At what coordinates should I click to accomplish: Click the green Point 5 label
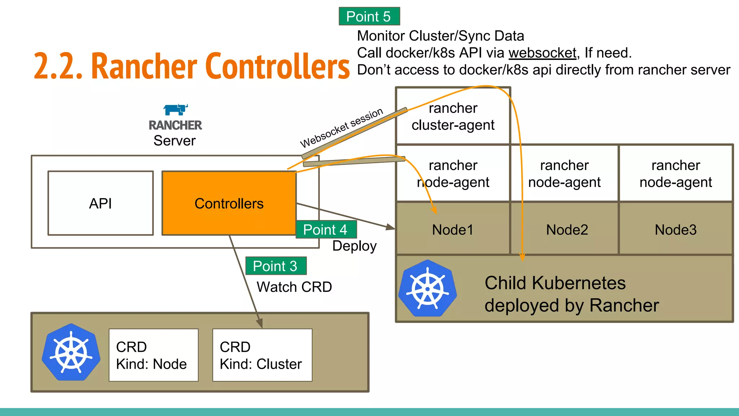(369, 16)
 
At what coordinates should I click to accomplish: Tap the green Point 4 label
(326, 230)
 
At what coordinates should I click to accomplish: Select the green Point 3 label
(276, 266)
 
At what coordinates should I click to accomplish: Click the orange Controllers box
(229, 203)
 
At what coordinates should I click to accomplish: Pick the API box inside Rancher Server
(100, 203)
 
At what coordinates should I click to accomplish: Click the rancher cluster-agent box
(453, 116)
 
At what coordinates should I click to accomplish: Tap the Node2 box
(567, 230)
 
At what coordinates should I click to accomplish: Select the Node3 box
(675, 230)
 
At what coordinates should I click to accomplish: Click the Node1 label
(452, 230)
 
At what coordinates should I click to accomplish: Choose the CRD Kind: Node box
(153, 355)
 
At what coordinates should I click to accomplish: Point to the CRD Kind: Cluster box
(262, 355)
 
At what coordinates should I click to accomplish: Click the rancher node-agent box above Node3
(675, 173)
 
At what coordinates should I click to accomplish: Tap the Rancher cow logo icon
(175, 109)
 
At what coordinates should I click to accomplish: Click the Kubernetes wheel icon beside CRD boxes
(71, 352)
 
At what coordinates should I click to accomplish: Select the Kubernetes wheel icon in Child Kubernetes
(428, 289)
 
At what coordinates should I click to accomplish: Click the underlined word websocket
(542, 53)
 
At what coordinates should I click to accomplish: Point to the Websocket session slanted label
(341, 127)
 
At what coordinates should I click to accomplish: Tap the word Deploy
(354, 246)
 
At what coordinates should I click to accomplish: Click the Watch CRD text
(294, 287)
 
